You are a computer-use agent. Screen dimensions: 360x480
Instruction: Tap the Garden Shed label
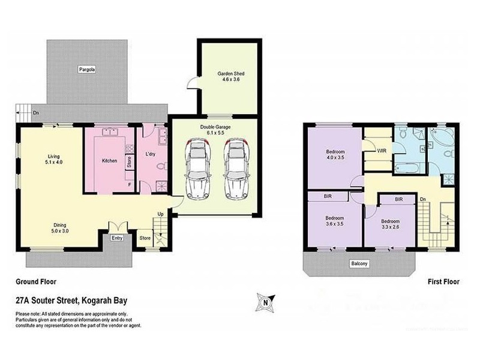(231, 77)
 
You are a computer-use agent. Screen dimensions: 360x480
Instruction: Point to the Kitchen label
(109, 160)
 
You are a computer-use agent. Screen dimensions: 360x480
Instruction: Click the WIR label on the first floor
(380, 151)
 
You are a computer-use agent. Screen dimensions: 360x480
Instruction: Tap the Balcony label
(359, 263)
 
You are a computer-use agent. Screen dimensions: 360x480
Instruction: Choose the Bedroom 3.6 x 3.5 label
(334, 221)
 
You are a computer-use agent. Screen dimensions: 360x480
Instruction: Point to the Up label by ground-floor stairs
(160, 213)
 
